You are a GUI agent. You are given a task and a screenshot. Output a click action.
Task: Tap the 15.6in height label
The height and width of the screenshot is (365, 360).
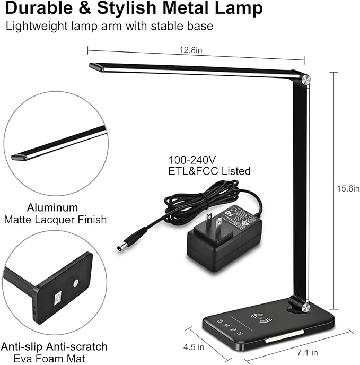(349, 189)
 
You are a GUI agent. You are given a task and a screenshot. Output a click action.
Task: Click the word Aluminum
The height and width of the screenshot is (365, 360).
(54, 207)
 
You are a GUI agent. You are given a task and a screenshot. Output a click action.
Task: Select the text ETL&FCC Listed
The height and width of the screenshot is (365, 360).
(209, 171)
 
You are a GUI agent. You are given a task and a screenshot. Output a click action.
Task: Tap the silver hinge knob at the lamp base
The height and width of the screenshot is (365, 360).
(304, 306)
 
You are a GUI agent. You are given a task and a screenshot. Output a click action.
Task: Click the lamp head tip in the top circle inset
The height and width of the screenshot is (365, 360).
(20, 158)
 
